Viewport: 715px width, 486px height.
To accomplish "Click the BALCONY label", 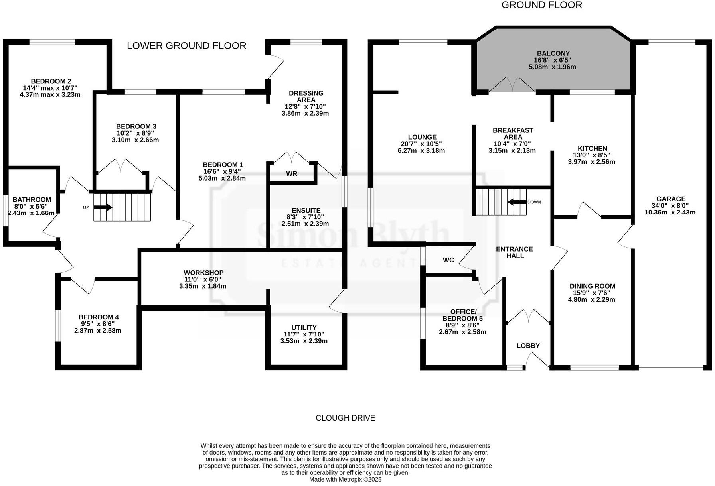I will coord(553,53).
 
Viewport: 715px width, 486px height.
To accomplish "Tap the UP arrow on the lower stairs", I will coord(103,207).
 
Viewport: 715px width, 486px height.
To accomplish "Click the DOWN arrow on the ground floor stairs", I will coord(517,202).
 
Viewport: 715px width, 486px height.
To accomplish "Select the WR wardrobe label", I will coord(291,174).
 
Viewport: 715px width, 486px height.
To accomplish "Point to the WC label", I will coord(448,260).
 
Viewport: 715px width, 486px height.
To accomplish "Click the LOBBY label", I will coord(528,346).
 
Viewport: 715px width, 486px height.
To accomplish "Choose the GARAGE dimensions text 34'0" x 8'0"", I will coord(670,206).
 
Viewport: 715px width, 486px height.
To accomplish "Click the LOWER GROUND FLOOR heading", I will coord(186,46).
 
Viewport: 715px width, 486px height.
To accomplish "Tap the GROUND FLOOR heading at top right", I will coord(541,5).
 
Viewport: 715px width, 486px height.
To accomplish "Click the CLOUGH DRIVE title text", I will coord(345,418).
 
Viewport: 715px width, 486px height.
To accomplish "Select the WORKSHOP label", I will coord(203,273).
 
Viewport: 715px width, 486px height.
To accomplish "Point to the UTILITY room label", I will coord(304,327).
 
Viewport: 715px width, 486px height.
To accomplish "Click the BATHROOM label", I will coord(32,200).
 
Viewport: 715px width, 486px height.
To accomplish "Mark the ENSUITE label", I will coord(306,211).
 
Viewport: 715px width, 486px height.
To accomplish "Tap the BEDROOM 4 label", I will coord(99,317).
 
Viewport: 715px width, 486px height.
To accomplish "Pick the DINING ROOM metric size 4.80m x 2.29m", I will coord(592,299).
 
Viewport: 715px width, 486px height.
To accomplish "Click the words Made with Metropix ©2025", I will coord(345,479).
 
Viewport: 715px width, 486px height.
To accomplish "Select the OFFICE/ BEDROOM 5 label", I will coord(462,315).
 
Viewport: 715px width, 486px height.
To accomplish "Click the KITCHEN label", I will coord(592,148).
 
